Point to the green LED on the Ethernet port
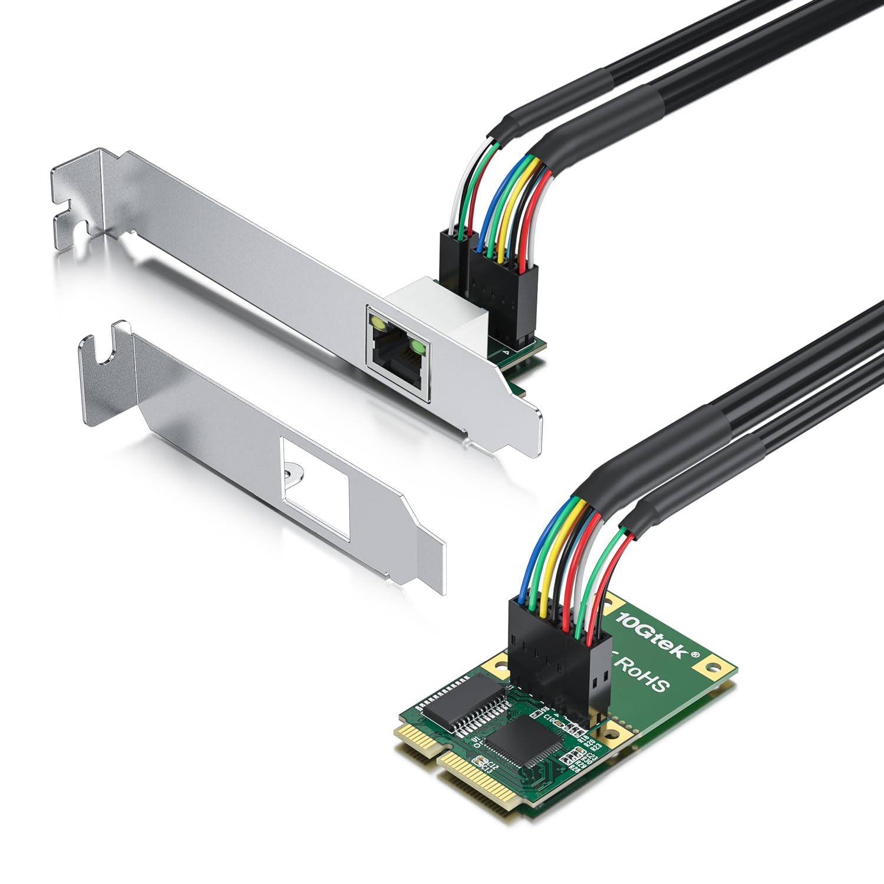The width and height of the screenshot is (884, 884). (418, 348)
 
